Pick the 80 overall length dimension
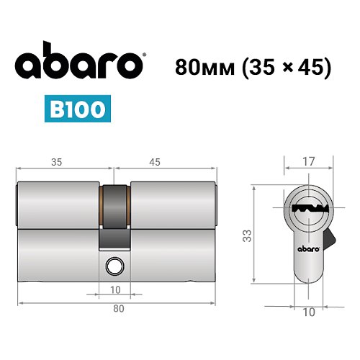click(x=118, y=309)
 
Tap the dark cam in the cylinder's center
click(x=114, y=216)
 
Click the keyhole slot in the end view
click(x=308, y=208)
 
